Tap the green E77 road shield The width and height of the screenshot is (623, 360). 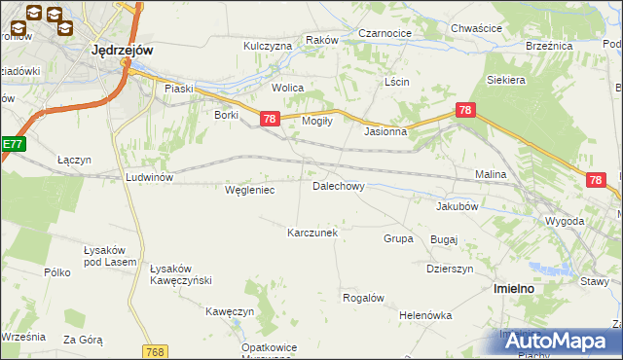click(11, 144)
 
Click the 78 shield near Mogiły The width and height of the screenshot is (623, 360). click(271, 119)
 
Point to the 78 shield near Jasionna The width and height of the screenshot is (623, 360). click(465, 111)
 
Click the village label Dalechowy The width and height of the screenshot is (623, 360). click(338, 185)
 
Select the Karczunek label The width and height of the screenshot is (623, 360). click(311, 233)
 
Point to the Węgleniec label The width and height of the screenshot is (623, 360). click(249, 190)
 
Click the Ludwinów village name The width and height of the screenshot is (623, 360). click(149, 177)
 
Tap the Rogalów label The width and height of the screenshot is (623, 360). click(364, 298)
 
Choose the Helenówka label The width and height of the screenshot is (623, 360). click(426, 315)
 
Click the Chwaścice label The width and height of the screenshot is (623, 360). click(476, 29)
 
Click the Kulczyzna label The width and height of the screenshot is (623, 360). click(268, 46)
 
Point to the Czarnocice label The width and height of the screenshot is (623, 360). click(385, 32)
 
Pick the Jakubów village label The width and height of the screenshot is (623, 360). click(458, 206)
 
